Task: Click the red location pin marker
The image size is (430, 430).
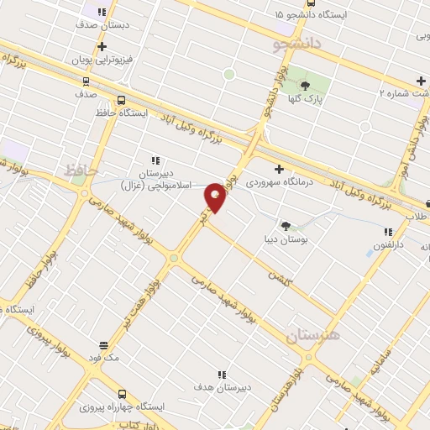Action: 216,197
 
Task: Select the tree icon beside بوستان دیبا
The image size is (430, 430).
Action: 286,225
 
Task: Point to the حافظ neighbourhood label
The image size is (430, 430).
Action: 81,170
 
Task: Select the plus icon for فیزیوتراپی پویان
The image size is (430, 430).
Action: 102,47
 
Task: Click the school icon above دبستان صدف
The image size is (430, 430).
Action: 102,13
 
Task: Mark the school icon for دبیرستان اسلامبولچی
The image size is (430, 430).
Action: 155,160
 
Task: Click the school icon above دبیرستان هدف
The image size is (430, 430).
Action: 222,375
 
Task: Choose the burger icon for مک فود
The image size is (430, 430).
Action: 104,344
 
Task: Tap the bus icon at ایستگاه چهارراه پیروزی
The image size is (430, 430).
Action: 122,393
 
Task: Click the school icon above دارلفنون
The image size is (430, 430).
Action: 388,232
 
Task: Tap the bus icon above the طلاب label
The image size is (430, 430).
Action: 427,202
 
